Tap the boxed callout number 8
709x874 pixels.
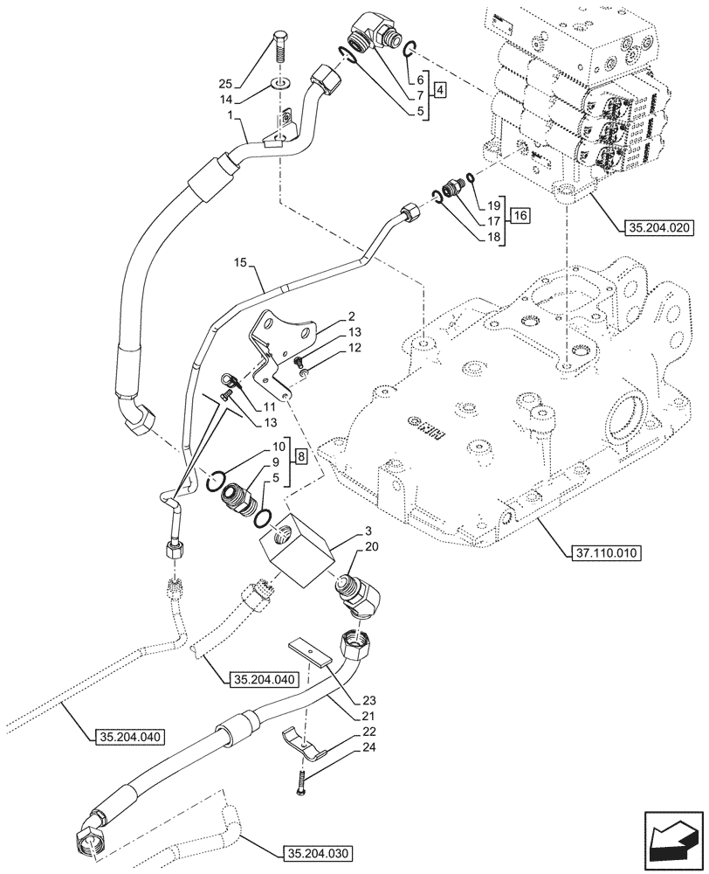299,455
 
